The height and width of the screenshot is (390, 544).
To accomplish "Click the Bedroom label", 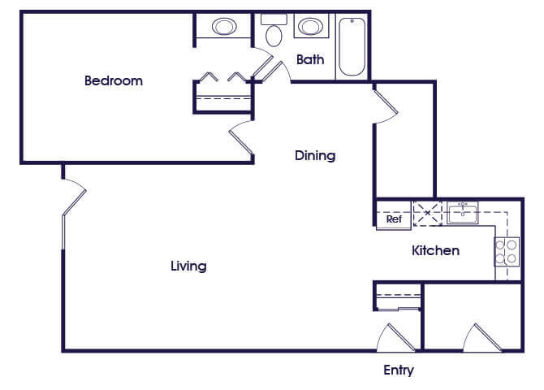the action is click(114, 80).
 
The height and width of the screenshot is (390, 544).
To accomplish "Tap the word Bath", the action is click(310, 60).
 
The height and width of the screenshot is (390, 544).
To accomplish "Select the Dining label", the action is click(315, 155).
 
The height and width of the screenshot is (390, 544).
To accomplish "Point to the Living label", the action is click(188, 266).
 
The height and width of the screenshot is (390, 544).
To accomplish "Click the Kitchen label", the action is click(435, 250).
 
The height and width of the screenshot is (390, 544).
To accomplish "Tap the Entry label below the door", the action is click(399, 370).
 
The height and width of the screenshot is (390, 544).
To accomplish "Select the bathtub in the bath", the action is click(352, 46).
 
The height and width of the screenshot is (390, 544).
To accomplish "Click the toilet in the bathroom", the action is click(274, 31).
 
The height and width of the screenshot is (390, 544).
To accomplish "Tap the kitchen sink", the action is click(463, 213).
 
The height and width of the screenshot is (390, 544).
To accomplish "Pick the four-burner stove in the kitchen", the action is click(507, 252).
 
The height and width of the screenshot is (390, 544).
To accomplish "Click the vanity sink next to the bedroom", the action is click(224, 26).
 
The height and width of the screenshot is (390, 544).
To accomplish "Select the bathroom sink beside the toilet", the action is click(311, 26).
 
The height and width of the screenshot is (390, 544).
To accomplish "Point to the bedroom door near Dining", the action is click(241, 137).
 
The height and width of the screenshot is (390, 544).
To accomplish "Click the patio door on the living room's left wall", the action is click(74, 201).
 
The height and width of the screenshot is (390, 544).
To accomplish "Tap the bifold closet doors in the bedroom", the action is click(222, 77).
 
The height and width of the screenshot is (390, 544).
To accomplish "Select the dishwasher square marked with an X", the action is click(428, 213).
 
